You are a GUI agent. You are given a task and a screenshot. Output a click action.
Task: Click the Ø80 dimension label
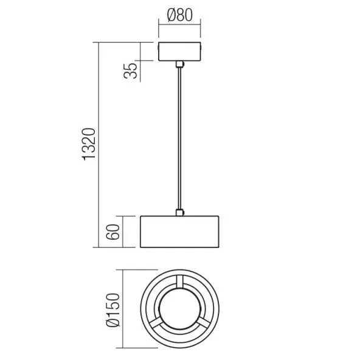click(x=180, y=15)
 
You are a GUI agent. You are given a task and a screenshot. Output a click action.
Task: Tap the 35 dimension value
click(x=130, y=71)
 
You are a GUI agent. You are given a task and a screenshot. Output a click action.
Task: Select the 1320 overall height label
click(x=89, y=144)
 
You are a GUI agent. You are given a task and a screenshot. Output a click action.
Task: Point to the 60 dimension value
click(x=113, y=232)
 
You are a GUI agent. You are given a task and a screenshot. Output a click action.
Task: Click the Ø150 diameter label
click(x=113, y=310)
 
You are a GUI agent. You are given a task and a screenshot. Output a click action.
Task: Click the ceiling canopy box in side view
click(x=179, y=52)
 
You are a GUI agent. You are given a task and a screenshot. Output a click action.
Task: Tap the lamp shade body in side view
click(x=179, y=232)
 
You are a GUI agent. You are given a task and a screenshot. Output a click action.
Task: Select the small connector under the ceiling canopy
click(x=179, y=64)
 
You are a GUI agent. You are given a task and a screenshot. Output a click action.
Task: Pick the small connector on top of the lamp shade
click(x=179, y=212)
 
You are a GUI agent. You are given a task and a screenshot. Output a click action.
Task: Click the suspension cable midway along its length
click(x=179, y=138)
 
